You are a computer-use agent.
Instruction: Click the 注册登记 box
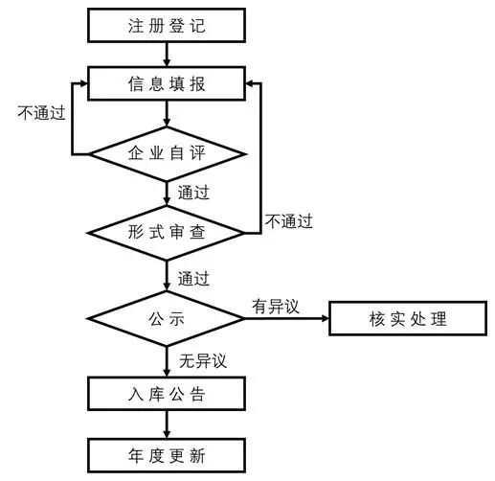pos(166,26)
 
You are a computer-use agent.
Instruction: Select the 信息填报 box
pos(166,83)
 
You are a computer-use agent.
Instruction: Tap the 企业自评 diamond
pos(166,152)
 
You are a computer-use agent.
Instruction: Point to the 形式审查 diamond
pos(166,232)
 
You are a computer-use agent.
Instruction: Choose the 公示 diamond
pos(166,317)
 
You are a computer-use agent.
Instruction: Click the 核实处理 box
pos(401,317)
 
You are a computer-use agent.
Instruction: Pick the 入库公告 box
pos(166,393)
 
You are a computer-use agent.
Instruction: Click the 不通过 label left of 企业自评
pos(41,113)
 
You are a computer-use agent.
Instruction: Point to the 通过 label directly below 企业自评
pos(193,193)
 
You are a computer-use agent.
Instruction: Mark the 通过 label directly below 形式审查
pos(193,279)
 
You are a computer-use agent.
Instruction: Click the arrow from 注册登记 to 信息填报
pos(166,54)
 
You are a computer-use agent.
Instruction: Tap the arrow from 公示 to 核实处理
pos(286,317)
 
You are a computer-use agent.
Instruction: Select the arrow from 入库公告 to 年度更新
pos(166,424)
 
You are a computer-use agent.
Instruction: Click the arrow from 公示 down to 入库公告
pos(166,359)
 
